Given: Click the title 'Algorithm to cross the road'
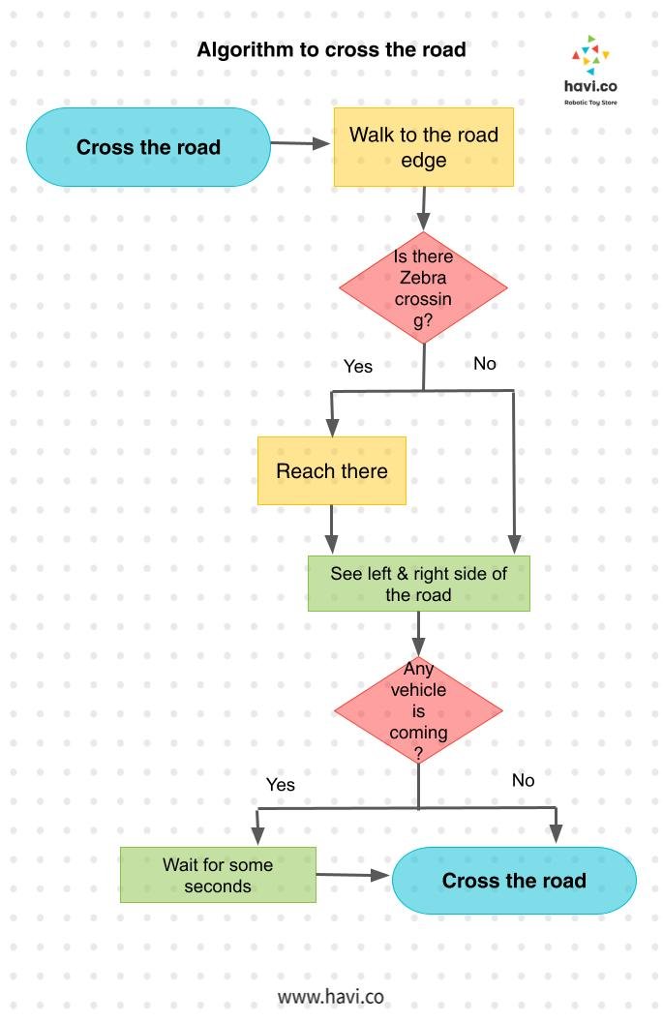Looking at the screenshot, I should click(331, 49).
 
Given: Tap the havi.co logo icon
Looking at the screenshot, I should click(590, 56).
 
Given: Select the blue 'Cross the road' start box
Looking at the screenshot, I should click(148, 147).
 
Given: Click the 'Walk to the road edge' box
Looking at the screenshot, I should click(423, 147).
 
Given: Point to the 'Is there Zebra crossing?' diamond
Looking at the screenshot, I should click(423, 288).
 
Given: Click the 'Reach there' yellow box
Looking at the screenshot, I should click(331, 471).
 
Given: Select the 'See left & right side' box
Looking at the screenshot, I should click(418, 584).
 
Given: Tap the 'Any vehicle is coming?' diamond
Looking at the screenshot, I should click(418, 710).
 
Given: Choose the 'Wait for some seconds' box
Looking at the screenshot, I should click(218, 875).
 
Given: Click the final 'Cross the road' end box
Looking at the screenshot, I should click(514, 881).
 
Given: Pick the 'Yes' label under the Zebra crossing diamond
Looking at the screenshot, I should click(358, 367).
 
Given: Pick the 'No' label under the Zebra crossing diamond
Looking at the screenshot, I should click(485, 364).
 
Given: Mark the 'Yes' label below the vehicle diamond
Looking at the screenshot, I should click(280, 785).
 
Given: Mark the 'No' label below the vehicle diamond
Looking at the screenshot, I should click(523, 780).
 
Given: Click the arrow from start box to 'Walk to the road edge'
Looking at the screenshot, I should click(300, 143).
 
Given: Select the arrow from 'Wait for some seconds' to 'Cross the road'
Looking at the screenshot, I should click(353, 876).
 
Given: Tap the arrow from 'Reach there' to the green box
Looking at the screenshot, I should click(332, 529).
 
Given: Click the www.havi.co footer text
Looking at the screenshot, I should click(331, 996).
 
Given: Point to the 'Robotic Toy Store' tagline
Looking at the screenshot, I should click(590, 102).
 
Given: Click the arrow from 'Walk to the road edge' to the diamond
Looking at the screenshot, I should click(423, 208).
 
